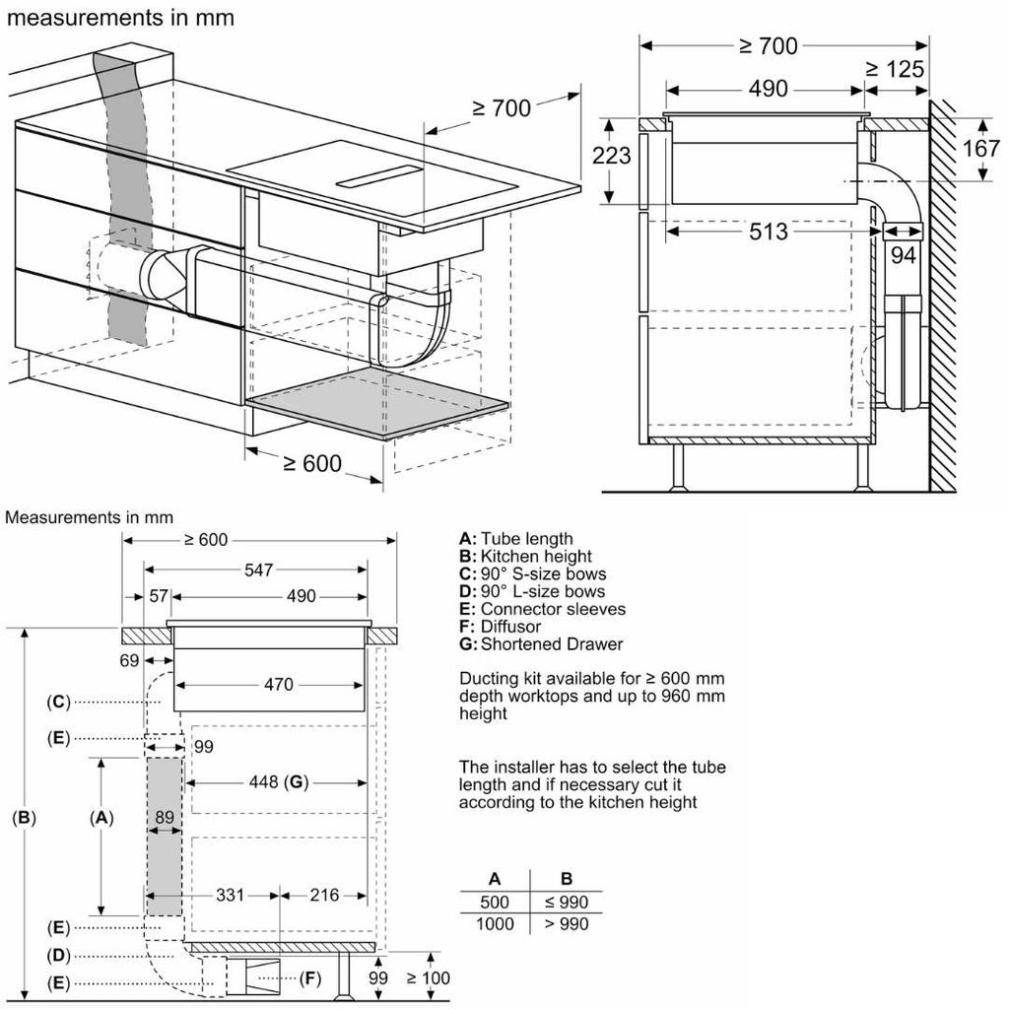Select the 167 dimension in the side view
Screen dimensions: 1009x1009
(x=981, y=149)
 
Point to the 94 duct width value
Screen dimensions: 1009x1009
(x=903, y=255)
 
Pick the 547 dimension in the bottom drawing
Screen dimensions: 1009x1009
(x=258, y=570)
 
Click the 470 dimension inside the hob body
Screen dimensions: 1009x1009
(x=278, y=684)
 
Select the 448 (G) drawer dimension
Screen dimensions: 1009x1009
(x=278, y=782)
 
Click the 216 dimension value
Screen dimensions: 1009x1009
(x=323, y=895)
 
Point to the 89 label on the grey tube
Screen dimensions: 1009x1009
(x=165, y=816)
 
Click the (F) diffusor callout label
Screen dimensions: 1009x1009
(x=311, y=978)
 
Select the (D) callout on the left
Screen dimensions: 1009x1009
(x=60, y=955)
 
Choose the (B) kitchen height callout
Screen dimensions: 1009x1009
(x=25, y=817)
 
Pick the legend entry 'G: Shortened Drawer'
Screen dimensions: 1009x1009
(x=541, y=644)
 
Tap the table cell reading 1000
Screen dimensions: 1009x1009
(x=494, y=923)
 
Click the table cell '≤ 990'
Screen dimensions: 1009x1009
(x=567, y=902)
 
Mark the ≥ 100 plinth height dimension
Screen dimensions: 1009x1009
(x=428, y=977)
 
